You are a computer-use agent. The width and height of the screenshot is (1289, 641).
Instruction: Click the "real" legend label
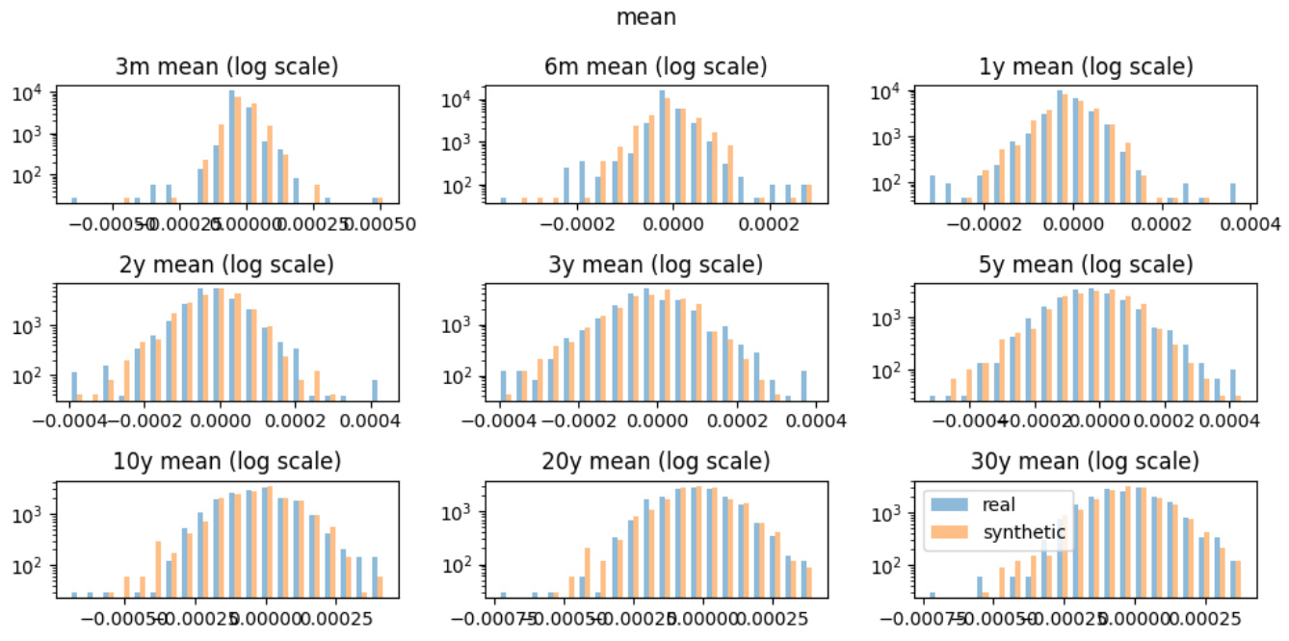click(x=998, y=504)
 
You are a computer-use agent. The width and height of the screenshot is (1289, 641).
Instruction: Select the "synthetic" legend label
click(x=1024, y=532)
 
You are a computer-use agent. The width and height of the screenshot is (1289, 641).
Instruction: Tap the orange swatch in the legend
click(x=952, y=532)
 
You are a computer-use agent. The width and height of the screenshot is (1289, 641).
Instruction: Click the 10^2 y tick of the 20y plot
click(x=456, y=565)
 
